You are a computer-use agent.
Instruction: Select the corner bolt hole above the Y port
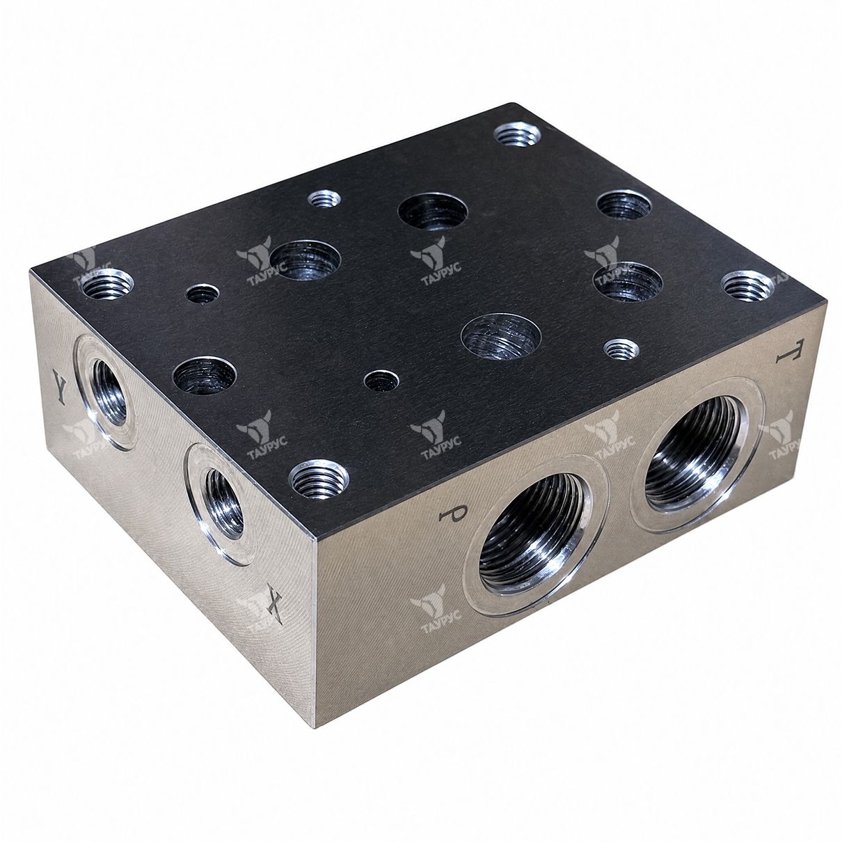107,285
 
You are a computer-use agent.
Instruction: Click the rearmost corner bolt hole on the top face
517,134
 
